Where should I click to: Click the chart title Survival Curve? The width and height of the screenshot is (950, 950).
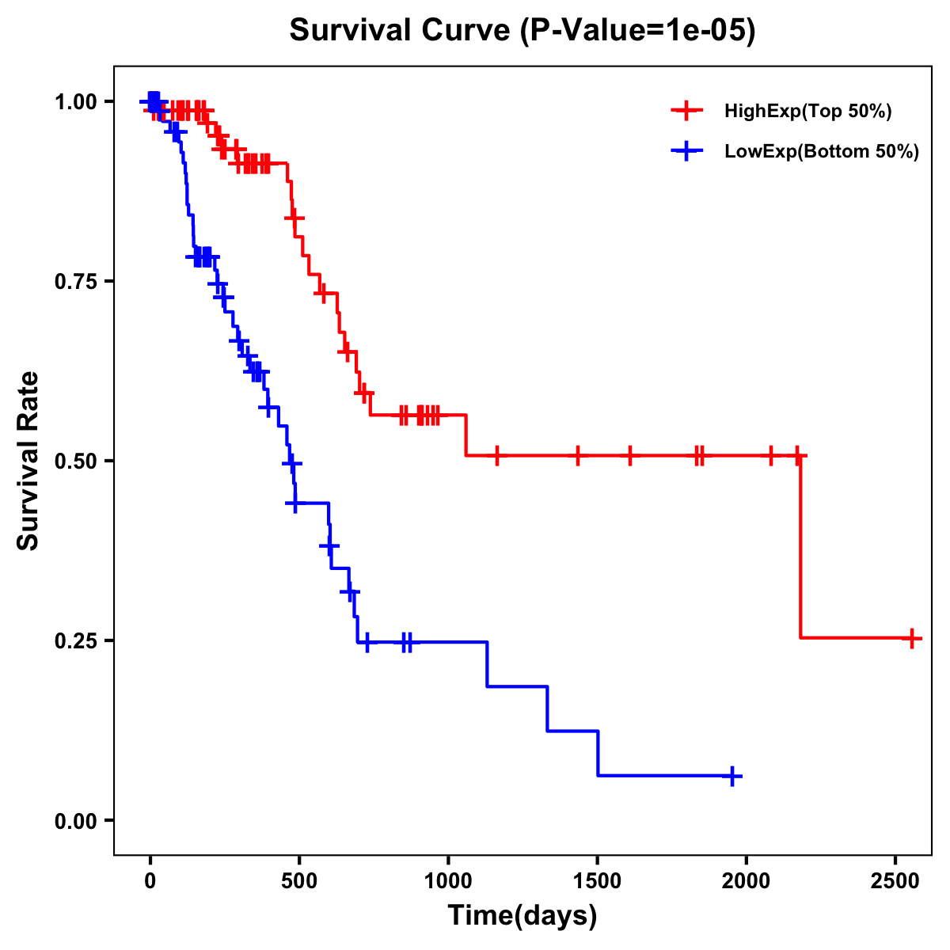click(x=399, y=31)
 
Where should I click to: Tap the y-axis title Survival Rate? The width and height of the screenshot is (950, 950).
click(x=28, y=460)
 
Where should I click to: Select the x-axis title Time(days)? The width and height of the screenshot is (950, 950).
click(x=522, y=916)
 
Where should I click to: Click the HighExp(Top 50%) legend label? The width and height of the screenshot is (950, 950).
click(x=807, y=112)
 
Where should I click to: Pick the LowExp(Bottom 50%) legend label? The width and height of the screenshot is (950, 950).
click(x=822, y=152)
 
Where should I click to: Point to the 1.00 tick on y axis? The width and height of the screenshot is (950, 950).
click(x=75, y=101)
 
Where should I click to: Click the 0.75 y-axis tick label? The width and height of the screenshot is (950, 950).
click(x=75, y=281)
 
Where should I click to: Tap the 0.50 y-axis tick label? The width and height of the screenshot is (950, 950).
click(x=75, y=461)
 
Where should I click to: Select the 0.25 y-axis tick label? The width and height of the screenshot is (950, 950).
click(x=75, y=640)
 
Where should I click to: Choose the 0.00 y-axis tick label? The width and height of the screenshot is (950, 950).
click(x=75, y=820)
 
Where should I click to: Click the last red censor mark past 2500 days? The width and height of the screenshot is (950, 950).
click(x=912, y=638)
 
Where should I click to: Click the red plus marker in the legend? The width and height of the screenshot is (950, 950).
click(x=686, y=112)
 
